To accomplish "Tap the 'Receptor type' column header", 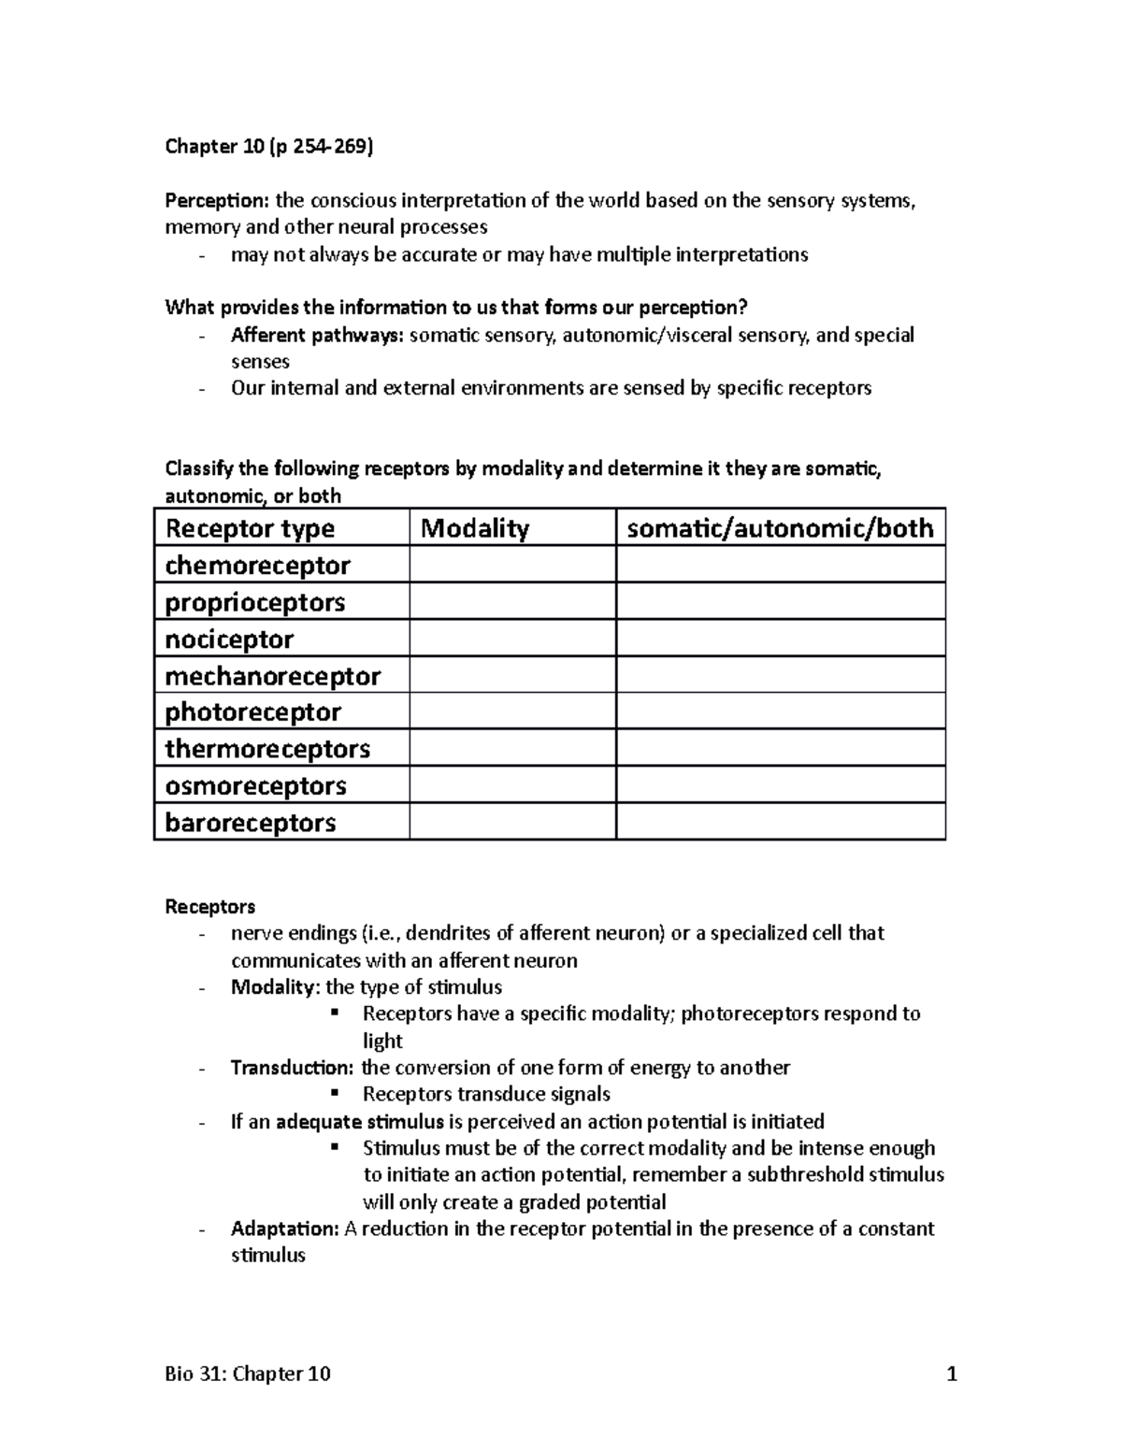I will pos(250,528).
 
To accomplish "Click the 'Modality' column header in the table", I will pos(475,528).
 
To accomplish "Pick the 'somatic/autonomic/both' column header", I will pos(780,528).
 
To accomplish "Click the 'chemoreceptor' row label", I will pos(257,566).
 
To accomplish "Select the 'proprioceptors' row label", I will pos(255,602).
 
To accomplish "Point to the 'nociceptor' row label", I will pos(229,640).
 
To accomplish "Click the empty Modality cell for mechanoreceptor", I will pos(512,675).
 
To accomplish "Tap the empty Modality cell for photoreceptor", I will pos(512,712).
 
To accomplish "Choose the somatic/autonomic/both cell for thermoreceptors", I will pos(780,749).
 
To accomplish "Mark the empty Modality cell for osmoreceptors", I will pos(512,785).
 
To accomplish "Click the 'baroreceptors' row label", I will pos(251,823).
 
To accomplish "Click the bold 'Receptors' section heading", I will pos(209,907).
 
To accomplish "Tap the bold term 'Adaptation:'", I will pos(284,1229).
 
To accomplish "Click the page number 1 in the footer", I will pos(952,1373).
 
